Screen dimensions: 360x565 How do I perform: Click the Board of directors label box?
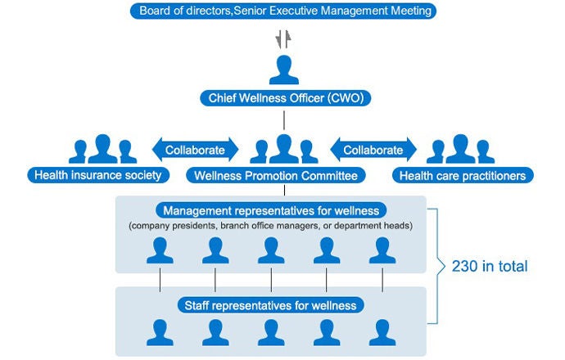[x=283, y=11]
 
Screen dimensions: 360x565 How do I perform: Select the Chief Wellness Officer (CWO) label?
[x=283, y=99]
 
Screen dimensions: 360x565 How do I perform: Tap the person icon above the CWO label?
[x=283, y=70]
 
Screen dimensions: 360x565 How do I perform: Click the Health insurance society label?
[x=98, y=174]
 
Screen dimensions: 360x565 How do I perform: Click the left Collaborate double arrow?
[x=195, y=150]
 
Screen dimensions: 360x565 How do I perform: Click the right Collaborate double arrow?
[x=373, y=150]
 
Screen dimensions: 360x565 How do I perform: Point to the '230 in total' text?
[x=490, y=266]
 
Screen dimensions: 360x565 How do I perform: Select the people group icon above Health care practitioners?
[x=459, y=149]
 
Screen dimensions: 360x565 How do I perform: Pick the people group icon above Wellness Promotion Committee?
[x=283, y=149]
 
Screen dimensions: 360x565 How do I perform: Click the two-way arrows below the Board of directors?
[x=283, y=38]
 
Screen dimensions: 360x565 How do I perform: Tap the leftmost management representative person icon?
[x=160, y=250]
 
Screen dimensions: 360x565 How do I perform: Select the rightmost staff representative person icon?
[x=382, y=331]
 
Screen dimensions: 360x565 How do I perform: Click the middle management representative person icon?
[x=271, y=250]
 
